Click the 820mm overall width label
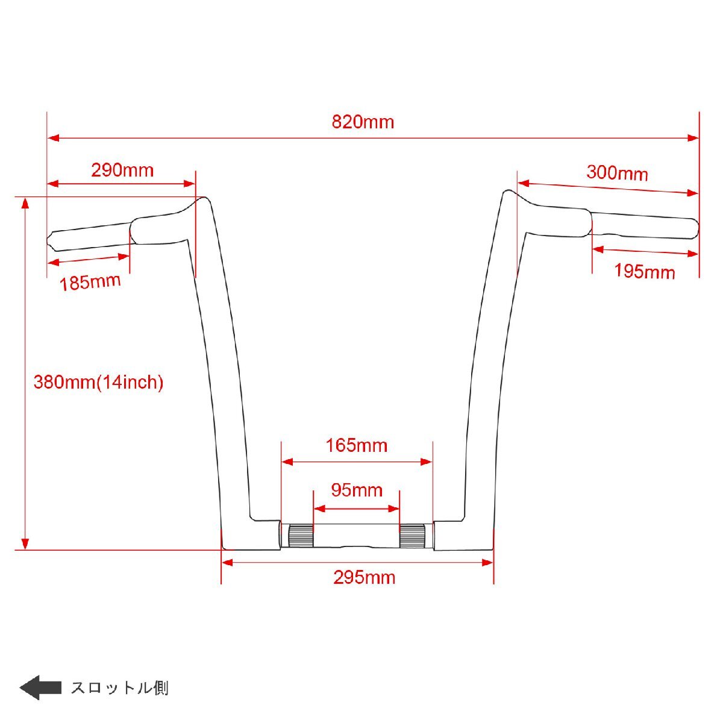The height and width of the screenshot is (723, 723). click(x=363, y=122)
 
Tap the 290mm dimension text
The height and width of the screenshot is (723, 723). click(x=122, y=171)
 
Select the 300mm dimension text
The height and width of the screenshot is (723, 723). click(x=617, y=173)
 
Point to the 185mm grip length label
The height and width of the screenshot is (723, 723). click(x=90, y=283)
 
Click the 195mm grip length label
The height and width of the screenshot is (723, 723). click(x=644, y=271)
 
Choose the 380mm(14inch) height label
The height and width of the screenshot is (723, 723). click(x=98, y=383)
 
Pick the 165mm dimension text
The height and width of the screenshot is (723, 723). click(x=357, y=446)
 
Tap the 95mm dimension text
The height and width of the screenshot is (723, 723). click(x=357, y=490)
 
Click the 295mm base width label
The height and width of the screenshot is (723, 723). click(x=365, y=577)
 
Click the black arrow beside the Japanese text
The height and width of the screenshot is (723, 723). click(x=40, y=687)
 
